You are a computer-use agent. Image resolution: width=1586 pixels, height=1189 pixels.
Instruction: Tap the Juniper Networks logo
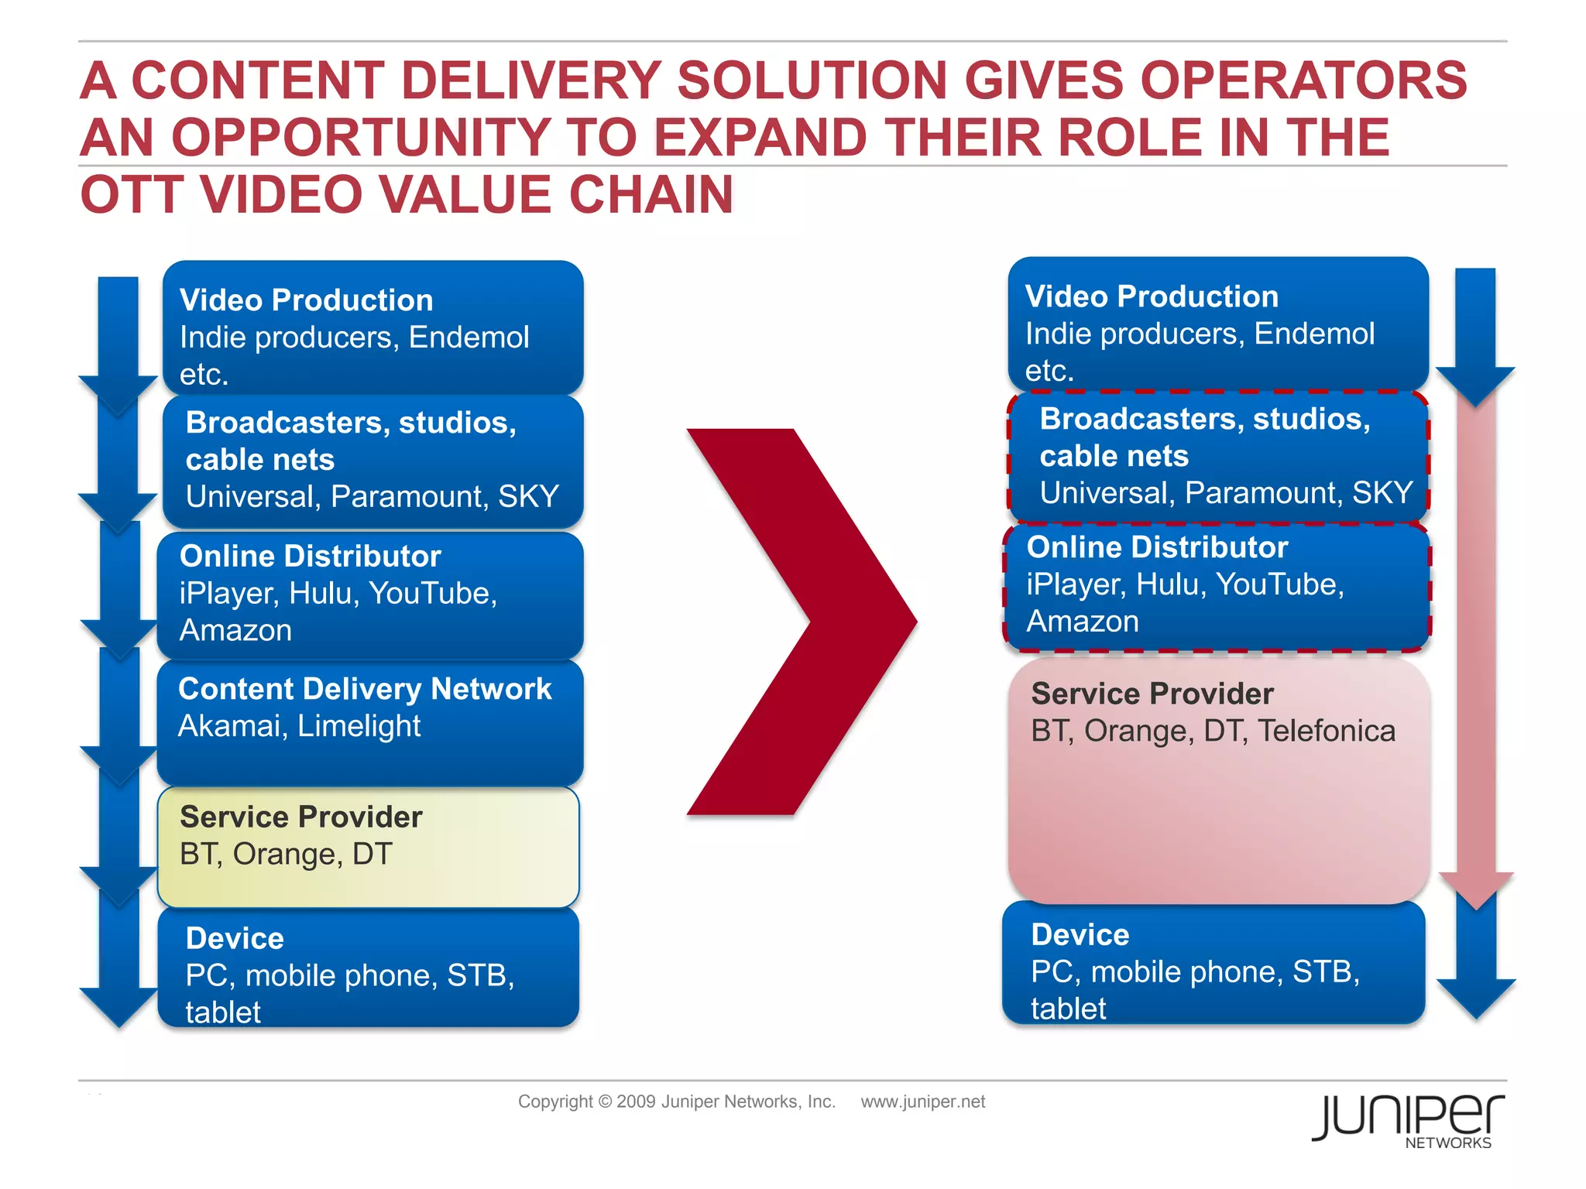coord(1408,1119)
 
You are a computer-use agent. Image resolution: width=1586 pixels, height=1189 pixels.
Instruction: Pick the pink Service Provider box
coord(1218,780)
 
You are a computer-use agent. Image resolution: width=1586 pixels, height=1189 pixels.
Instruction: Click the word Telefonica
coord(1326,732)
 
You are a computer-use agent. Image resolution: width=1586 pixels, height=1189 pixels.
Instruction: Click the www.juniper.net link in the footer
coord(922,1102)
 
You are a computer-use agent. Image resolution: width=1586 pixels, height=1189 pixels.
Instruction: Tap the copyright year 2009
coord(637,1102)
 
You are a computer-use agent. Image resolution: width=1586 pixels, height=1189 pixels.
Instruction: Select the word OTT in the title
coord(132,195)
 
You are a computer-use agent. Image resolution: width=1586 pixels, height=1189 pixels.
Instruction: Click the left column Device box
coord(369,968)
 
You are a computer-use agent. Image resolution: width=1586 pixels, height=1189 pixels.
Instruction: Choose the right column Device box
coord(1214,964)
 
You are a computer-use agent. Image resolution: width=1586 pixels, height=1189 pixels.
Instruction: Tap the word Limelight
coord(359,727)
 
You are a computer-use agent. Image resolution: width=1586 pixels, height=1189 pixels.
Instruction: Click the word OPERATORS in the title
coord(1303,81)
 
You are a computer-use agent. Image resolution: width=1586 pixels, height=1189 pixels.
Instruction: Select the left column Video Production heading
coord(306,300)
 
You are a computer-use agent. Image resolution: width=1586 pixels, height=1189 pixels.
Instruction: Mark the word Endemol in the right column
coord(1313,334)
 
